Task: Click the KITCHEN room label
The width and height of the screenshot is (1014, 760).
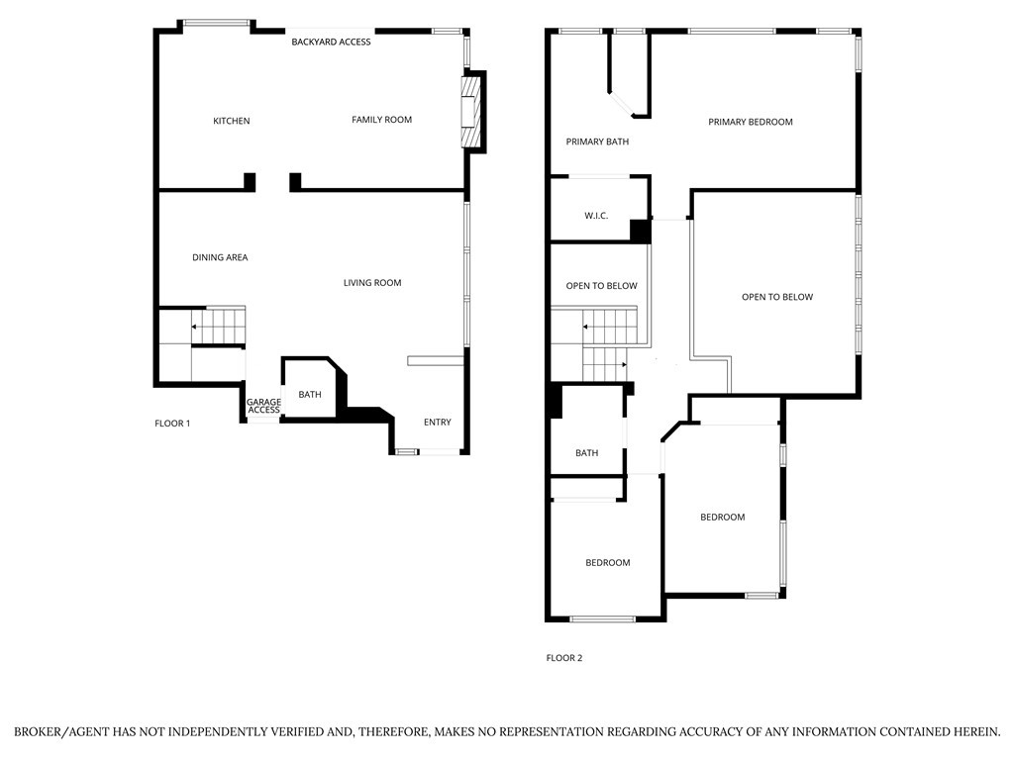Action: pyautogui.click(x=232, y=121)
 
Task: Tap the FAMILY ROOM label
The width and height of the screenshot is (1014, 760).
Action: pyautogui.click(x=381, y=120)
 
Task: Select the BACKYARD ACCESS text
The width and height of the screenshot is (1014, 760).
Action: pyautogui.click(x=331, y=42)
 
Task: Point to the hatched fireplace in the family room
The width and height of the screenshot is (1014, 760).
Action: pyautogui.click(x=472, y=113)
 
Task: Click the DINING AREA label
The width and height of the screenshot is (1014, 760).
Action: pyautogui.click(x=220, y=257)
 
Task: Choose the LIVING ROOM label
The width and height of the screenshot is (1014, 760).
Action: pyautogui.click(x=372, y=282)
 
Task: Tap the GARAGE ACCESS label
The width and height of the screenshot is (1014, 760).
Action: pyautogui.click(x=263, y=406)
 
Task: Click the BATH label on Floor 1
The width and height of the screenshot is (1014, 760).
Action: pyautogui.click(x=310, y=394)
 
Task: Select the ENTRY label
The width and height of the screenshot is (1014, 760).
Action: pyautogui.click(x=437, y=422)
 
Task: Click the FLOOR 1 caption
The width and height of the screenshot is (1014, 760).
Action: pyautogui.click(x=172, y=424)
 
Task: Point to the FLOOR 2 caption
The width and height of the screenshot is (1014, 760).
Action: pyautogui.click(x=564, y=658)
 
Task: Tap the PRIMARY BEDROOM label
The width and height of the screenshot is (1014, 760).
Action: pyautogui.click(x=751, y=122)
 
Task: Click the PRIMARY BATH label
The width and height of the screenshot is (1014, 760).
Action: pyautogui.click(x=597, y=142)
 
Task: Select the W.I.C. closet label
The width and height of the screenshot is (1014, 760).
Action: pyautogui.click(x=596, y=216)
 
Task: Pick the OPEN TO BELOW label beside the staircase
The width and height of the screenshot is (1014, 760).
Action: pyautogui.click(x=601, y=286)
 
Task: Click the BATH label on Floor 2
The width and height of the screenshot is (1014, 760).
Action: pyautogui.click(x=586, y=453)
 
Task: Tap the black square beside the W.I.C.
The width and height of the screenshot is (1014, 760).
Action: pyautogui.click(x=641, y=232)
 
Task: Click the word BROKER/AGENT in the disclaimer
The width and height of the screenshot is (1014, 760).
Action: pyautogui.click(x=62, y=732)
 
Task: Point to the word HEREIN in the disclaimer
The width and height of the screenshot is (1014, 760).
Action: pyautogui.click(x=973, y=732)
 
